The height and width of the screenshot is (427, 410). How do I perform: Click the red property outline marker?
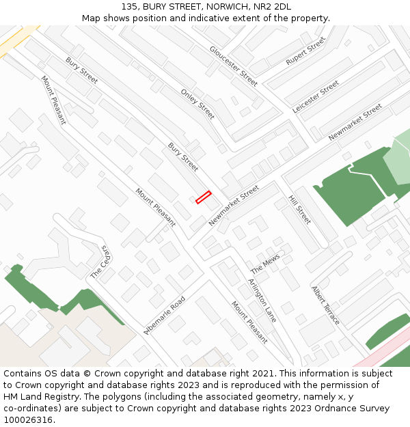tap(203, 197)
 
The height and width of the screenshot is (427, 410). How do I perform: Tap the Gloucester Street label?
tap(234, 66)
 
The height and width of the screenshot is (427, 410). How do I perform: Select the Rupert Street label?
tap(306, 51)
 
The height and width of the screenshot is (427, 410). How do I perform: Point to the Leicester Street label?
tap(316, 97)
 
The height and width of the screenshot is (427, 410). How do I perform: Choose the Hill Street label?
tap(299, 210)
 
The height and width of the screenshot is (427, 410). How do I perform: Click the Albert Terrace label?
tap(325, 305)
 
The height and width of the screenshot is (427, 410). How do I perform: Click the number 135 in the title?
tap(130, 7)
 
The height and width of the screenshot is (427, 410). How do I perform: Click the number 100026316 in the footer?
tap(29, 420)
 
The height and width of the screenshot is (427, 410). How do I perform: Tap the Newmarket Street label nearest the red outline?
tap(234, 205)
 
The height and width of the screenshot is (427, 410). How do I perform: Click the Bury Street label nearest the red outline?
tap(183, 157)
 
